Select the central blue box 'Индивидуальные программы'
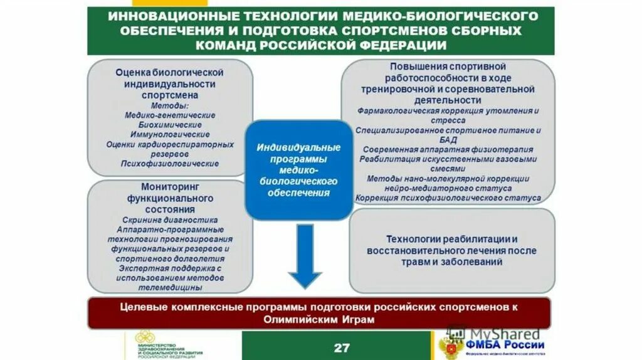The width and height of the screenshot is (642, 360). coord(298,169)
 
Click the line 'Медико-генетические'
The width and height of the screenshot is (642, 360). coord(169,115)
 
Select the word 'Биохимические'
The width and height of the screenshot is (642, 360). coord(169,125)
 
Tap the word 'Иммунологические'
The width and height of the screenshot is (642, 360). coord(169,134)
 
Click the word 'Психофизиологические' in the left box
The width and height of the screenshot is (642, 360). coord(169,163)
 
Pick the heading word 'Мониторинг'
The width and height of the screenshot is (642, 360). coord(169,188)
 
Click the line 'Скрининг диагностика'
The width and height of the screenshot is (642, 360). coord(170,220)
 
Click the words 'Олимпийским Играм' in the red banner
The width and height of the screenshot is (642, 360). coord(319,319)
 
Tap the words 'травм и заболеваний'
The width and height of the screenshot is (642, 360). coord(451,262)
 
